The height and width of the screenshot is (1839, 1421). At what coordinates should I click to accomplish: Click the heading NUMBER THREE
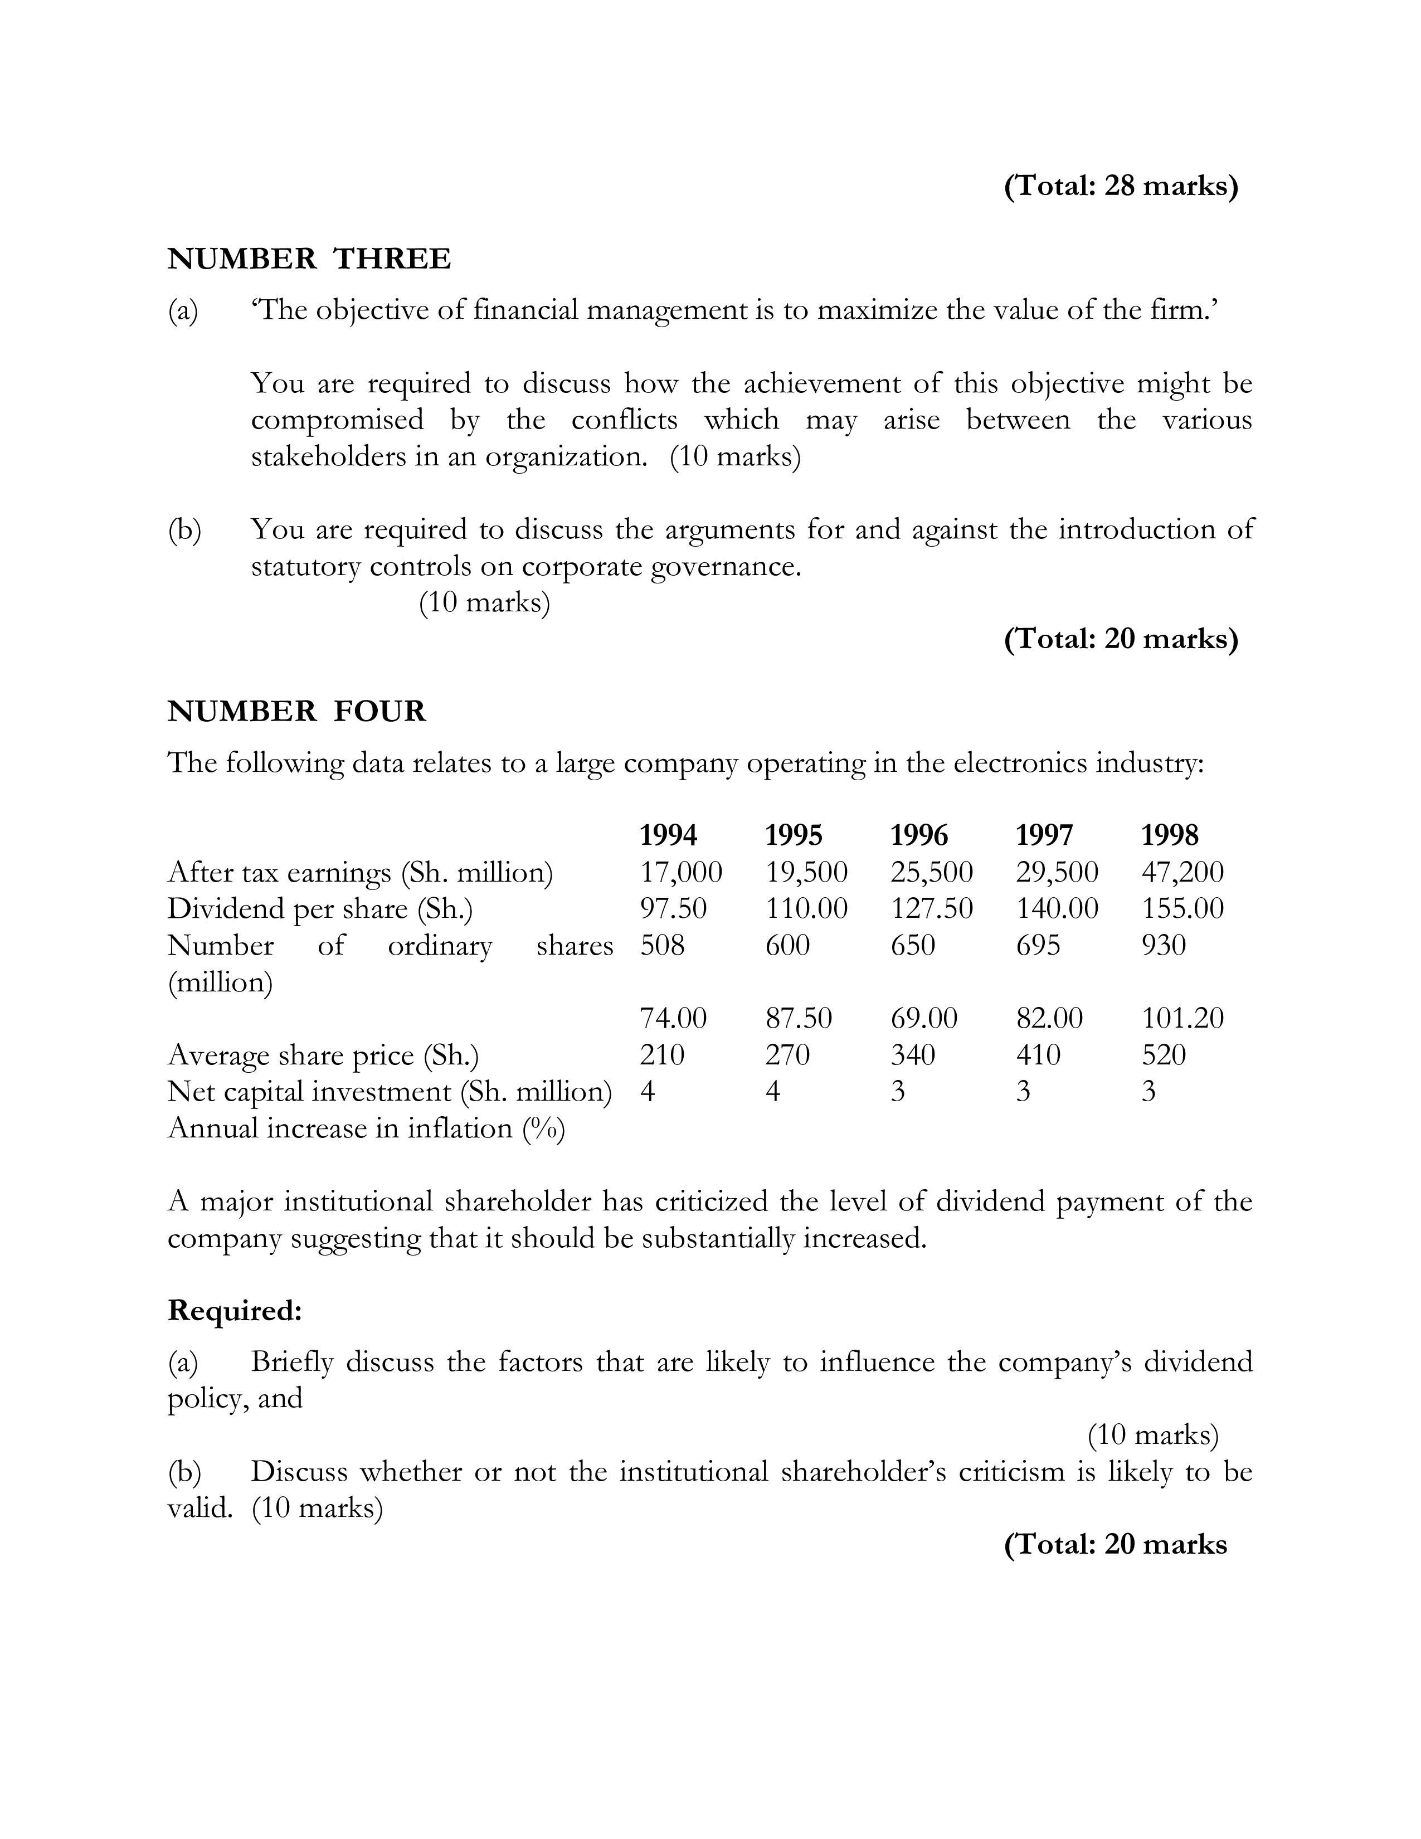(x=309, y=259)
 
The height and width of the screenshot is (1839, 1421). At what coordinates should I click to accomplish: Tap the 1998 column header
(x=1169, y=835)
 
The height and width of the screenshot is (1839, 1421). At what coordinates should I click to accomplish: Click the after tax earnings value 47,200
(x=1182, y=872)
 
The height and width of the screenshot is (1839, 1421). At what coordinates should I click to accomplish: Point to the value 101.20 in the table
(x=1182, y=1018)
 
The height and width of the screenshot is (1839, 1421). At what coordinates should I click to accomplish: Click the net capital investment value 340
(x=913, y=1055)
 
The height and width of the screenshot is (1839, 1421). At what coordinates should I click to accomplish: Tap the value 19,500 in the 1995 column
(x=806, y=872)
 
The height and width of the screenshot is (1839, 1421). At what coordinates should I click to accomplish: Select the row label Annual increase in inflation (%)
(x=366, y=1128)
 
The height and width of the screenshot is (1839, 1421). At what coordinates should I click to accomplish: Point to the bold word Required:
(x=234, y=1311)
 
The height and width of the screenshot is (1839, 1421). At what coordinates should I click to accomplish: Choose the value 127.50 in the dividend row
(x=931, y=908)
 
